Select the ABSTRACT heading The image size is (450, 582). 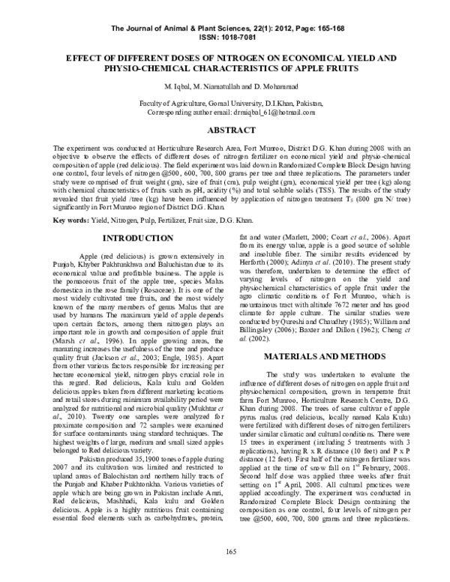pyautogui.click(x=224, y=130)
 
